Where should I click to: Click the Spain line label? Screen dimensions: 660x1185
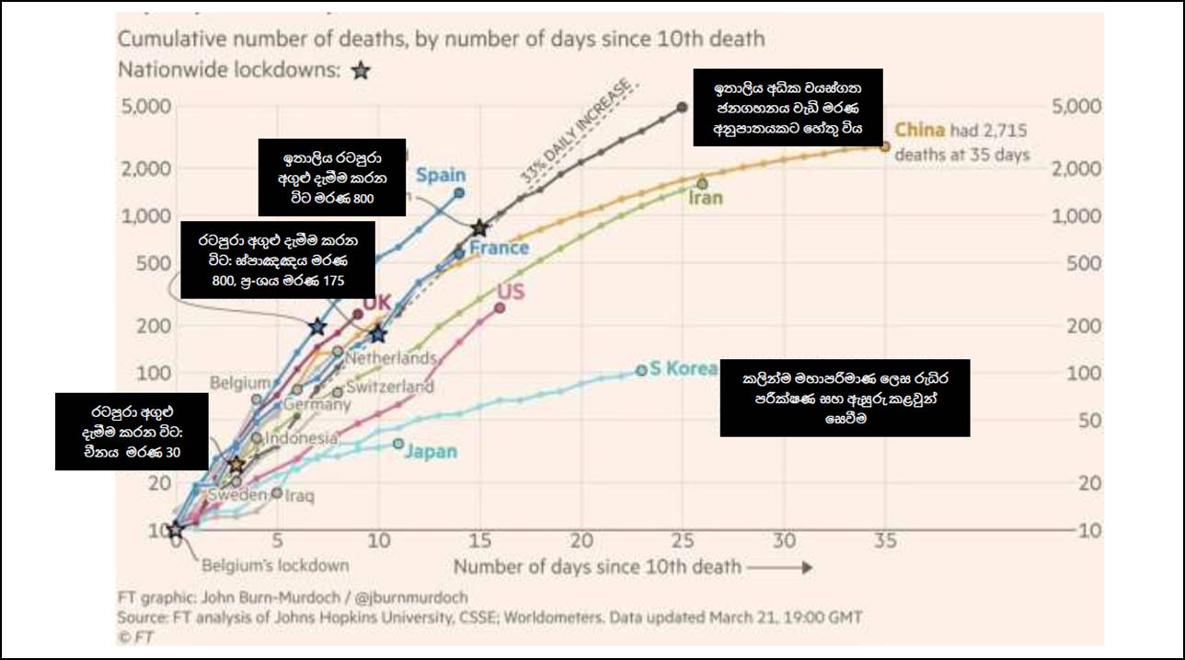441,175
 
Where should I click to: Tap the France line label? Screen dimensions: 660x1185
499,248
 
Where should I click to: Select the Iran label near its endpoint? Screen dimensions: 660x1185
707,198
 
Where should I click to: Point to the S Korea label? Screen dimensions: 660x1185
683,368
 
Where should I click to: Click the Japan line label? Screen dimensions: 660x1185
431,452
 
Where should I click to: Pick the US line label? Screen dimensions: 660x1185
511,293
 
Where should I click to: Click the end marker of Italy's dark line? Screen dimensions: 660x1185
682,107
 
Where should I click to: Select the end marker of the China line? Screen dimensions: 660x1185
885,145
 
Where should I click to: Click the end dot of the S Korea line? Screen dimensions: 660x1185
641,370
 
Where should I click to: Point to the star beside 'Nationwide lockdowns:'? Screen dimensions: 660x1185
362,71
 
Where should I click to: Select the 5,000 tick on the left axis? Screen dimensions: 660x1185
145,106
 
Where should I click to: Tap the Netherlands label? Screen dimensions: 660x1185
390,357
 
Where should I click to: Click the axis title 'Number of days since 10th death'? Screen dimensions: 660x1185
596,566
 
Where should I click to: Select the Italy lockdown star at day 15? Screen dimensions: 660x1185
479,227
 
